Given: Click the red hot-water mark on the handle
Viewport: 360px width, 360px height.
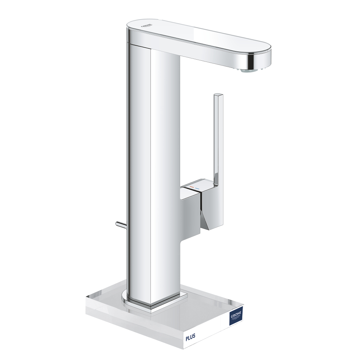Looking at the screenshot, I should click(x=191, y=186).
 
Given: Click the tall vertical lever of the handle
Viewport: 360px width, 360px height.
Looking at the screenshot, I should click(x=216, y=139).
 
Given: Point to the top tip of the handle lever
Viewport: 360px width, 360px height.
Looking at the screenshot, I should click(x=216, y=94).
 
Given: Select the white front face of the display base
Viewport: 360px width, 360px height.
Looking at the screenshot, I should click(x=150, y=330).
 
